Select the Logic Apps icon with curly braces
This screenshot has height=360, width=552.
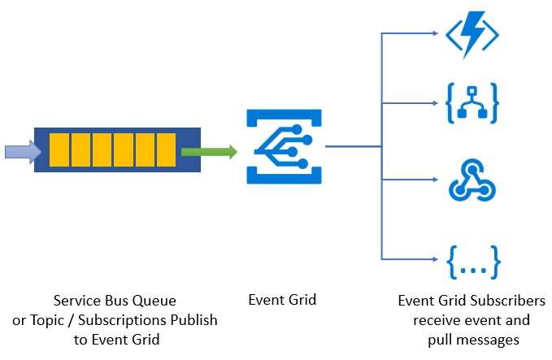(472, 102)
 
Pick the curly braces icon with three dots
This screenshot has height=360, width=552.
(472, 260)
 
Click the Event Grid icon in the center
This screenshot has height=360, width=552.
(280, 148)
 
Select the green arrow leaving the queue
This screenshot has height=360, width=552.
(208, 151)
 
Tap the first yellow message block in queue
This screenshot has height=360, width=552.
(59, 150)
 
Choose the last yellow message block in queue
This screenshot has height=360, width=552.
(166, 150)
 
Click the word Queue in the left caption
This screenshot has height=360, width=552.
(155, 300)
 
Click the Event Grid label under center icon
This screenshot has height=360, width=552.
(281, 300)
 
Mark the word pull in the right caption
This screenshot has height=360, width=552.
(440, 339)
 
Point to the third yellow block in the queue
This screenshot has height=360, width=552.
(102, 150)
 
